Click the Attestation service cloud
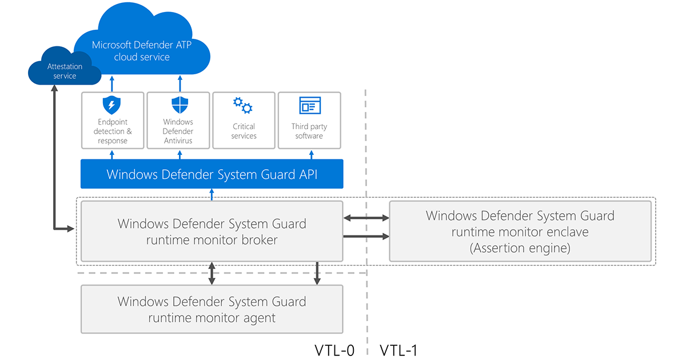coord(65,71)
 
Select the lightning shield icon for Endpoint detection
coord(111,106)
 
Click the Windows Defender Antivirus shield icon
coord(180,106)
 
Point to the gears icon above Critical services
coord(243,106)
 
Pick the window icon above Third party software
coord(310,106)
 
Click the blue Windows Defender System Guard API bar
coord(212,174)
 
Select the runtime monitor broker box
coord(212,231)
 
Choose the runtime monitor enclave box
coord(520,231)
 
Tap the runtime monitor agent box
coord(212,309)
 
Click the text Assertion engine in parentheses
coord(520,249)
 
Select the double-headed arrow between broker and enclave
coord(366,218)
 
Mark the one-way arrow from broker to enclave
coord(366,236)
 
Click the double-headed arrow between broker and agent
coord(212,273)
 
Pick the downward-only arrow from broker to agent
coord(317,273)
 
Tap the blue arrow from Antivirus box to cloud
coord(180,84)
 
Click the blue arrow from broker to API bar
coord(212,194)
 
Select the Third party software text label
coord(309,131)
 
